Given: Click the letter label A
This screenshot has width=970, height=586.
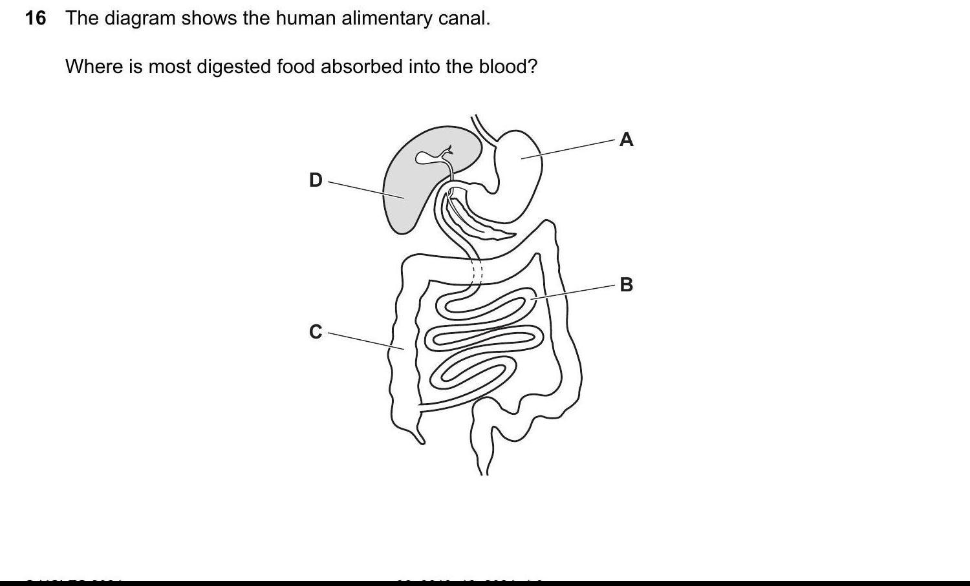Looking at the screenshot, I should pyautogui.click(x=626, y=140).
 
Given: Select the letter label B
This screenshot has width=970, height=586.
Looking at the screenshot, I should pyautogui.click(x=626, y=284).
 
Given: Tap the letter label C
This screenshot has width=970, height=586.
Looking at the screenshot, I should pyautogui.click(x=316, y=331).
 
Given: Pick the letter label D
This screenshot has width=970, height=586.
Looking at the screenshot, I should pyautogui.click(x=316, y=180).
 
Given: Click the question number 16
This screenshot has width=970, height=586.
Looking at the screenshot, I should pyautogui.click(x=36, y=18).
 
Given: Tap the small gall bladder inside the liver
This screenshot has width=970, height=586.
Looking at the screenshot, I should pyautogui.click(x=427, y=157).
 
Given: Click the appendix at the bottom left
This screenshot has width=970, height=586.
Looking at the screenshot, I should pyautogui.click(x=417, y=436).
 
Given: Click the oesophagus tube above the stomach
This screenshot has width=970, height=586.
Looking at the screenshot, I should pyautogui.click(x=482, y=127).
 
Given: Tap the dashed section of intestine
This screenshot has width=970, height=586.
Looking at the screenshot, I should pyautogui.click(x=477, y=270).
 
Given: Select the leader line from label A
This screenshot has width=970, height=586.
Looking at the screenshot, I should pyautogui.click(x=569, y=149).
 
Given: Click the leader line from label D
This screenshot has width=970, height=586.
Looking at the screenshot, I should pyautogui.click(x=365, y=190).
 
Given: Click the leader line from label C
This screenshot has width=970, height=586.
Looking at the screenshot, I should pyautogui.click(x=365, y=341).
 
